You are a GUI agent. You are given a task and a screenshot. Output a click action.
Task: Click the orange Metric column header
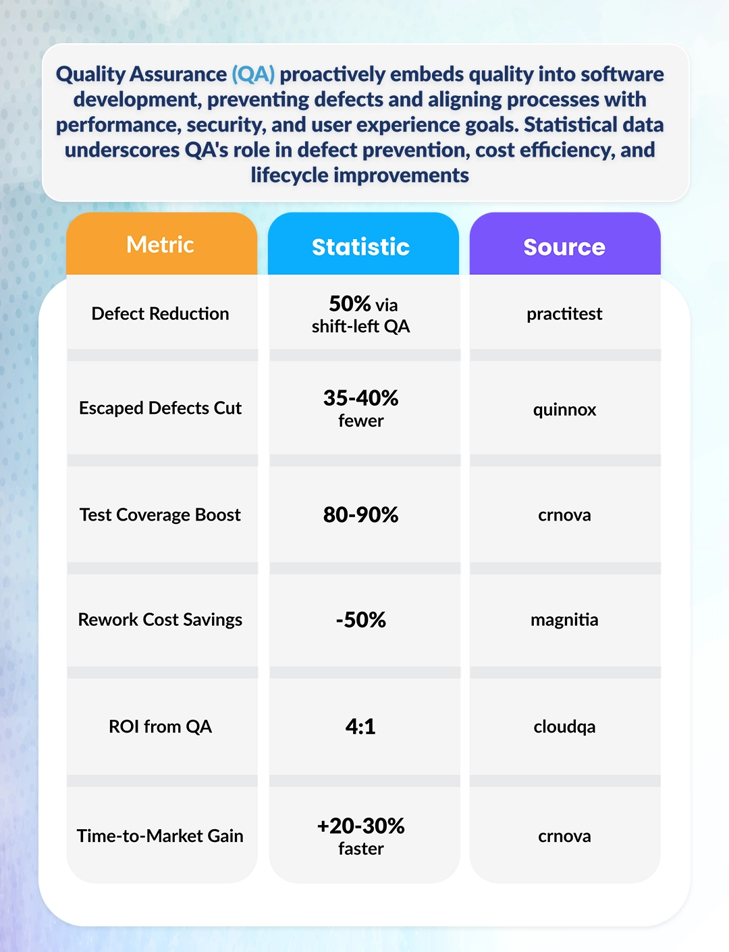coord(161,244)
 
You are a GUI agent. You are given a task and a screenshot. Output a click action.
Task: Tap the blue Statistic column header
coord(361,246)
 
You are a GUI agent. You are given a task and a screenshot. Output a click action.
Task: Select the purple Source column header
coord(564,246)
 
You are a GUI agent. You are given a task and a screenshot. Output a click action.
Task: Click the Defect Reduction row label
coord(161,313)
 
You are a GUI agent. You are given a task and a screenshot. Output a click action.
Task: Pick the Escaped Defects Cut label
coord(161,408)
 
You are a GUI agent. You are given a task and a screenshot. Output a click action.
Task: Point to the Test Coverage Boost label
coord(161,514)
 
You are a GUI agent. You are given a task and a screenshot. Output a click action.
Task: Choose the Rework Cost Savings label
coord(161,619)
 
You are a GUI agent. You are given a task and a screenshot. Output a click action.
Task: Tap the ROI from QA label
coord(161,726)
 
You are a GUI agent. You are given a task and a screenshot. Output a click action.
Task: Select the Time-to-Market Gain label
coord(161,836)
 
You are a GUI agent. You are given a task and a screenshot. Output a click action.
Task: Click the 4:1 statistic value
coord(360,726)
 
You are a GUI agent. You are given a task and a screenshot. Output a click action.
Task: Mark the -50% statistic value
coord(361,619)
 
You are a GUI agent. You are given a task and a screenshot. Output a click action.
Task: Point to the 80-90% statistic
coord(361,514)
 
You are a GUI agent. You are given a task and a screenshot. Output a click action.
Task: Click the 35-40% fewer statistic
coord(361,408)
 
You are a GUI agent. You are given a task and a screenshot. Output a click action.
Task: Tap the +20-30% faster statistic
coord(361,836)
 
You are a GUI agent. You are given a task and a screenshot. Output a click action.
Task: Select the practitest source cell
coord(564,313)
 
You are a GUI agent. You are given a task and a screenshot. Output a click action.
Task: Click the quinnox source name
coord(564,409)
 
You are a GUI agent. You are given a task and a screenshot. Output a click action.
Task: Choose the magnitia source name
coord(564,619)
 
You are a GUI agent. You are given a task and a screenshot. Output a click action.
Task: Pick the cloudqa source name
coord(564,726)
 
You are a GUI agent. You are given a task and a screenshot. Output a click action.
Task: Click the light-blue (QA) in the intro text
coord(253,74)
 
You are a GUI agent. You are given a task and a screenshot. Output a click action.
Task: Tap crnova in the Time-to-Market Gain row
coord(564,836)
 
